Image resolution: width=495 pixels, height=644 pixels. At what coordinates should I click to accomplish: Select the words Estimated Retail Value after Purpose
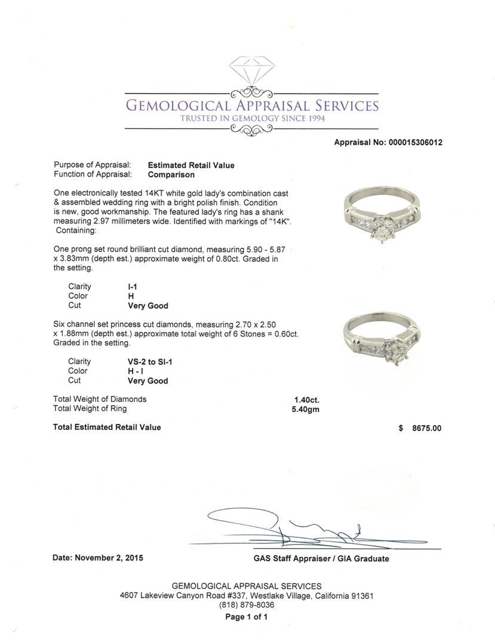(x=191, y=165)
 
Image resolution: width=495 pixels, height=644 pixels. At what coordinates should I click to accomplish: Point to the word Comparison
(x=171, y=175)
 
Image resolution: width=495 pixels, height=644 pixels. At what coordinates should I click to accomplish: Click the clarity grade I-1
(x=133, y=287)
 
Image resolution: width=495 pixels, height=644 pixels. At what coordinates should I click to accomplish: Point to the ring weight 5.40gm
(x=303, y=409)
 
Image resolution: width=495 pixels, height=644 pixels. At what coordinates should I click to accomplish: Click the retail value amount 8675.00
(x=426, y=428)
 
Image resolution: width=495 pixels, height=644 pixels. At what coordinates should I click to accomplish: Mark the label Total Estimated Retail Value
(x=107, y=427)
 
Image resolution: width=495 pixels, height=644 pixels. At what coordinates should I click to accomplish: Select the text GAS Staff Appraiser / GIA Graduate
(x=321, y=559)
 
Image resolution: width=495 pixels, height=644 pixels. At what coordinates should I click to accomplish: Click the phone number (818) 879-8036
(x=247, y=605)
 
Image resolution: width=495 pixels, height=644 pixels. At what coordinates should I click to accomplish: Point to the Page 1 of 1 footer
(x=246, y=617)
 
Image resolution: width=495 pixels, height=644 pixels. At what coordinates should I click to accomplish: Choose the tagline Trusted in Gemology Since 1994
(x=251, y=119)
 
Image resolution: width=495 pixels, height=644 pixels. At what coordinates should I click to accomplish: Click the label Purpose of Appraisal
(x=93, y=165)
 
